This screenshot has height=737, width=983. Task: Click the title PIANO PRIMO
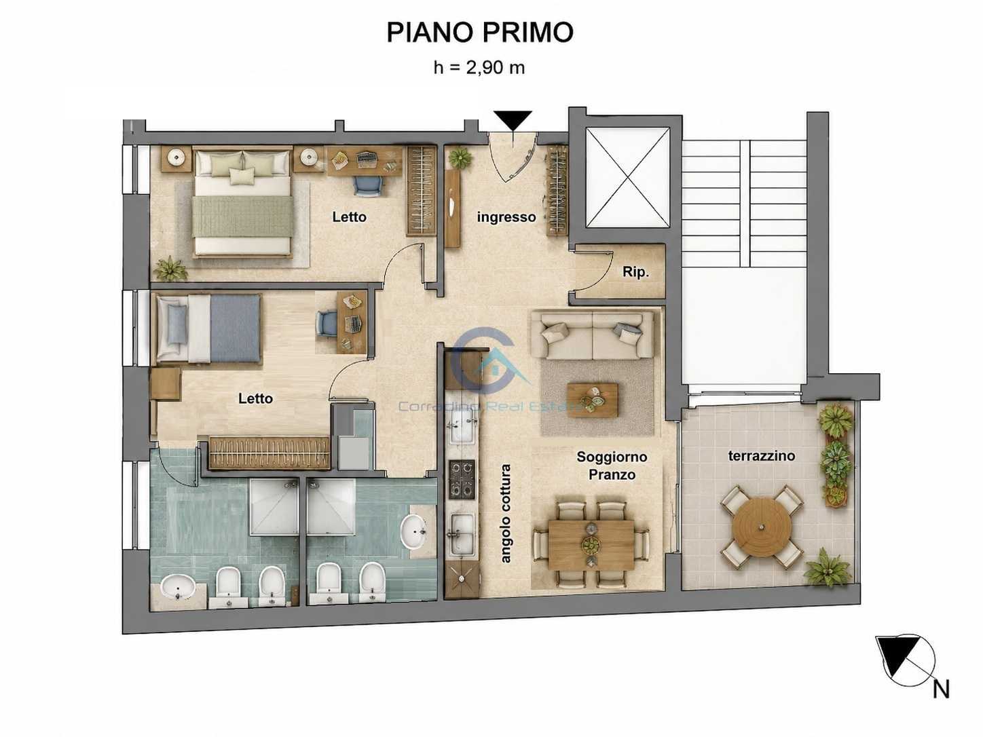pyautogui.click(x=480, y=32)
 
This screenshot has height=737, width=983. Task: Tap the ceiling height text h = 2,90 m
pyautogui.click(x=479, y=68)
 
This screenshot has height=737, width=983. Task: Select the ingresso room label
pyautogui.click(x=506, y=217)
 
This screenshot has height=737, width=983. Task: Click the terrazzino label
pyautogui.click(x=761, y=455)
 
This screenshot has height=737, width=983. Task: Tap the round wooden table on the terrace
pyautogui.click(x=761, y=527)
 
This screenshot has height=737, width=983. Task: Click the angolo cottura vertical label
pyautogui.click(x=506, y=514)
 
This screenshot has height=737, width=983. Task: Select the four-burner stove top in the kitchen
pyautogui.click(x=462, y=479)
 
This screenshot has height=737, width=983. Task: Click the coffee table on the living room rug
pyautogui.click(x=592, y=400)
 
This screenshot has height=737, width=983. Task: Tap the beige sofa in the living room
pyautogui.click(x=592, y=335)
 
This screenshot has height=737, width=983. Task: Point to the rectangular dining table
pyautogui.click(x=591, y=544)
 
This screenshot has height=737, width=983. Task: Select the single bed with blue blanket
pyautogui.click(x=208, y=328)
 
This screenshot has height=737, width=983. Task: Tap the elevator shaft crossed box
pyautogui.click(x=627, y=177)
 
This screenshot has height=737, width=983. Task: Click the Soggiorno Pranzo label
pyautogui.click(x=612, y=466)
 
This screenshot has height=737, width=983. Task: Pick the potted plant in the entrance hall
pyautogui.click(x=460, y=157)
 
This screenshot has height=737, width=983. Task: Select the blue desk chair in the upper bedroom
pyautogui.click(x=368, y=185)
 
